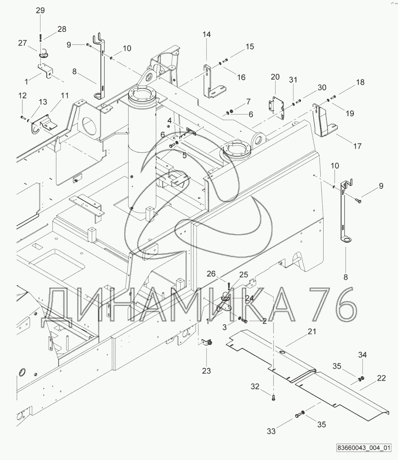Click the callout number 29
point(40,11)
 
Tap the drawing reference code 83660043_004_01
point(364,448)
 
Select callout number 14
point(207,34)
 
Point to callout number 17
point(357,146)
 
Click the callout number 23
point(207,371)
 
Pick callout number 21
point(312,331)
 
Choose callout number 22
point(381,378)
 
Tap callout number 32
point(255,387)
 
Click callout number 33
point(271,431)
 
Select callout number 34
point(362,355)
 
